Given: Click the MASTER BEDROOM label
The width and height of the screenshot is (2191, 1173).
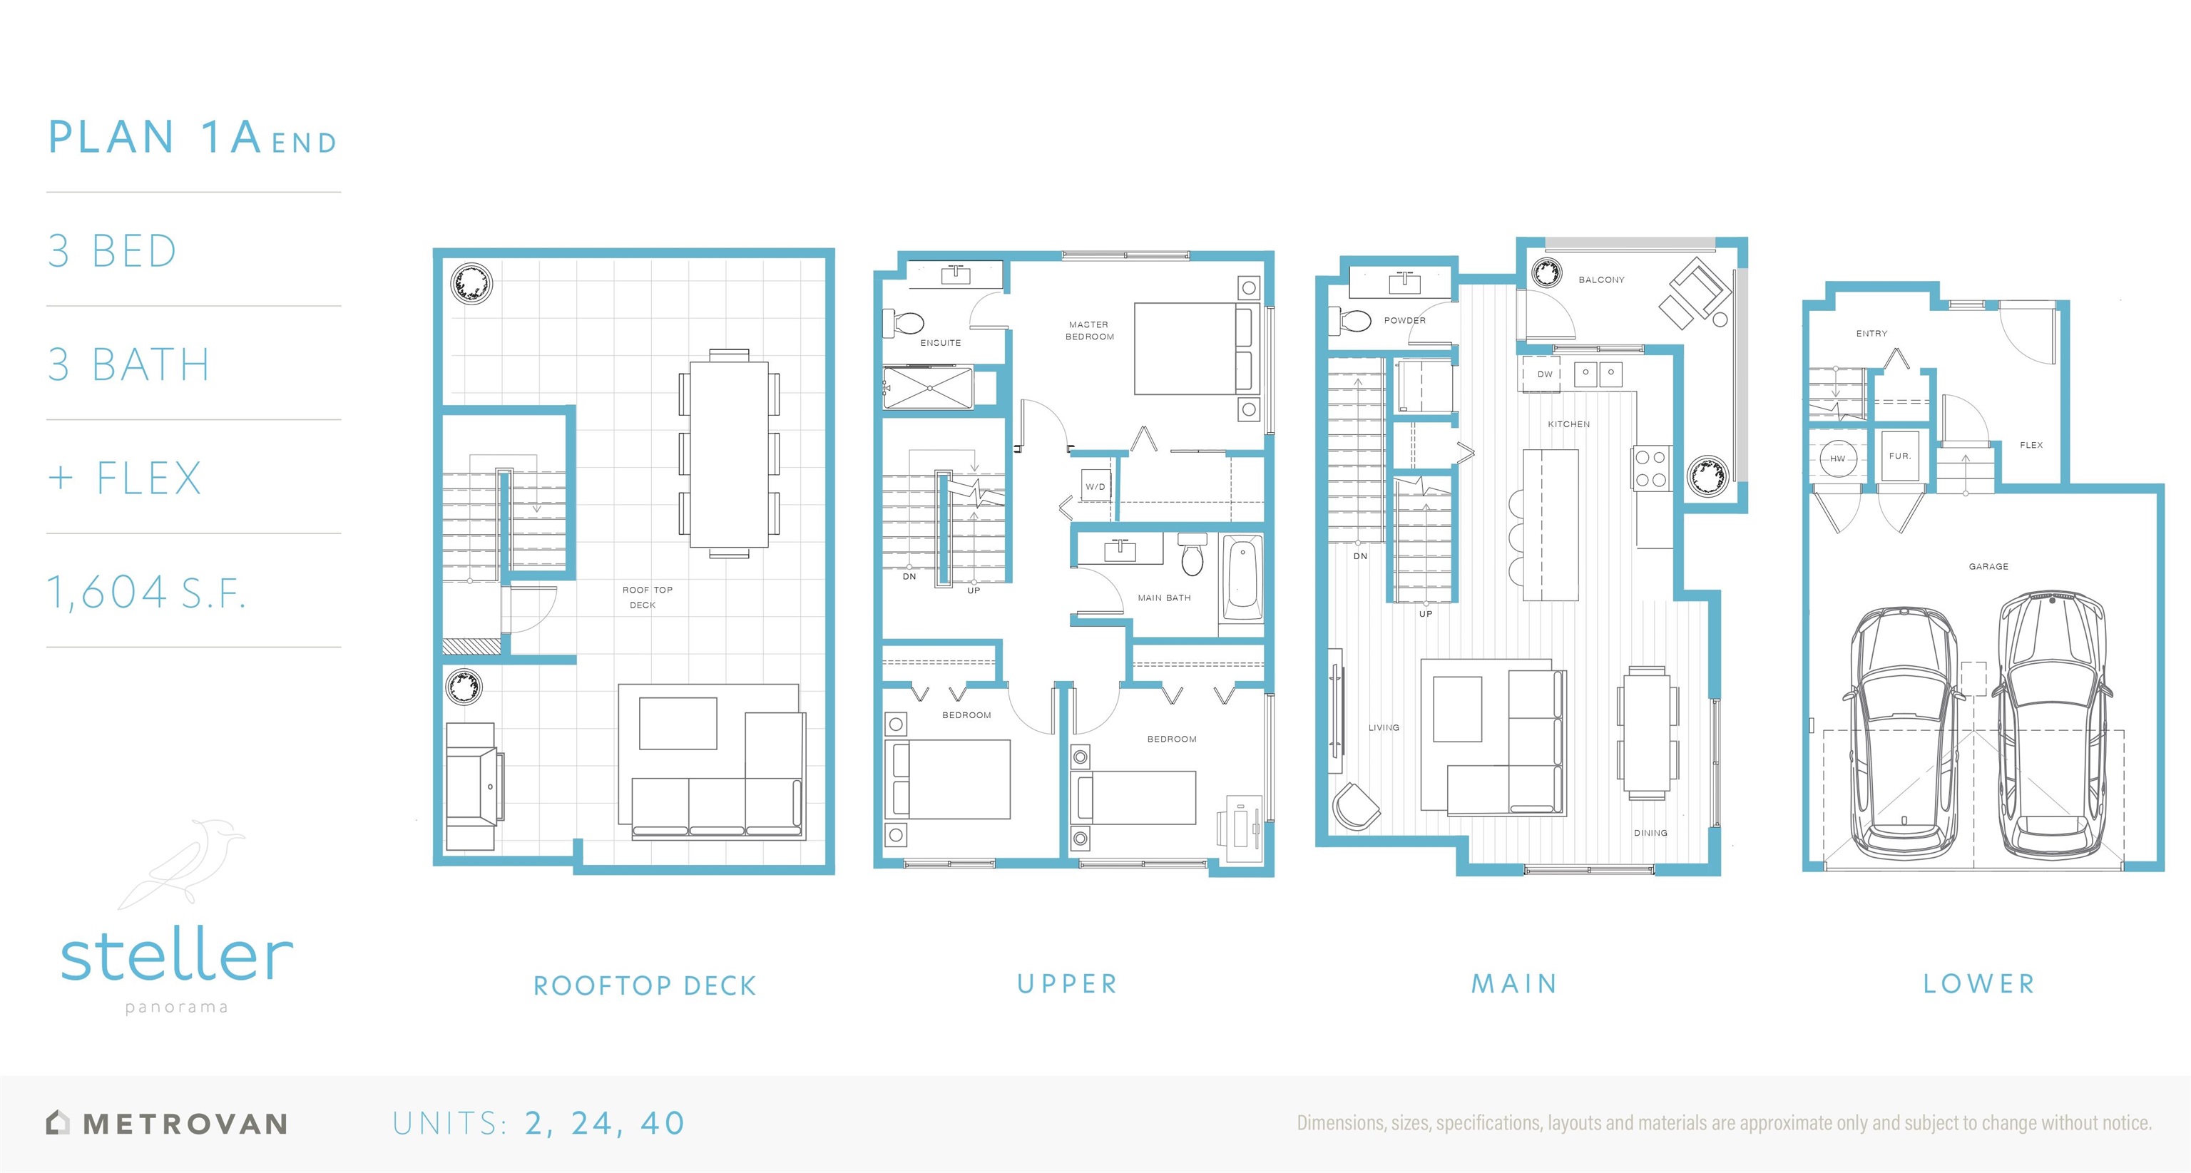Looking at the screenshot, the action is click(x=1090, y=330).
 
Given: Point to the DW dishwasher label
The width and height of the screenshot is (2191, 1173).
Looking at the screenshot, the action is click(x=1545, y=374).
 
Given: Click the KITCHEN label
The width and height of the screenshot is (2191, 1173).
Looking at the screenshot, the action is click(x=1568, y=424).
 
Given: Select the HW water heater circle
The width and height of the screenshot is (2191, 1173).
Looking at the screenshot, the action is click(x=1837, y=459).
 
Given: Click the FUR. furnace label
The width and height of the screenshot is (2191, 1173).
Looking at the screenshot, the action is click(x=1899, y=456).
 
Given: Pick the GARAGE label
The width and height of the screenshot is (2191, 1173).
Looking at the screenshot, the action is click(x=1988, y=565).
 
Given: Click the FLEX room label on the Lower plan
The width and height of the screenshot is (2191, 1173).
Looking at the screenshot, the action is click(x=2031, y=445).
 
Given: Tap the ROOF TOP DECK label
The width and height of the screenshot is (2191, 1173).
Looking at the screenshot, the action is click(x=646, y=597).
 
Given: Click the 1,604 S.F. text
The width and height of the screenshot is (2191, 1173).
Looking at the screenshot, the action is click(x=146, y=592).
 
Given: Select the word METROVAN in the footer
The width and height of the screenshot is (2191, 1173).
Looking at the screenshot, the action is click(x=185, y=1124).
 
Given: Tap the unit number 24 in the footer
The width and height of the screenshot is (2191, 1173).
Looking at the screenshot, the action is click(x=592, y=1123).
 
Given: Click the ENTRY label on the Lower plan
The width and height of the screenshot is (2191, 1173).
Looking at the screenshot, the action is click(x=1871, y=334).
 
